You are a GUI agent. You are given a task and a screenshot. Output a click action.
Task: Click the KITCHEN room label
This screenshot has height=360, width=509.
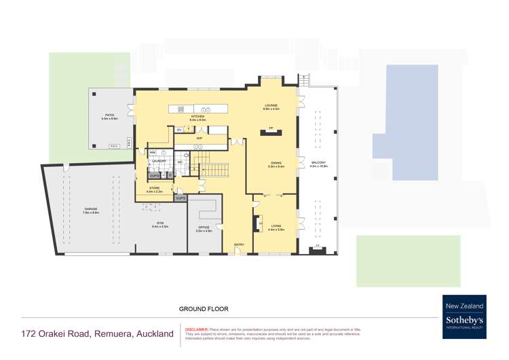(x=197, y=117)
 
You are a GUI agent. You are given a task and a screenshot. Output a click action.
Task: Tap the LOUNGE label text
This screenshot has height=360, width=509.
(x=271, y=105)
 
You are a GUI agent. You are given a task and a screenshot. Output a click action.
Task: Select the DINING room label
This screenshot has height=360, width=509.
(x=276, y=163)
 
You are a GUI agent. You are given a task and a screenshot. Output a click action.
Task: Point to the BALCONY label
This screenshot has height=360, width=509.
(x=318, y=163)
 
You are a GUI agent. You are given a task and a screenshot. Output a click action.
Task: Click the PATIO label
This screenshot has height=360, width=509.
(x=109, y=116)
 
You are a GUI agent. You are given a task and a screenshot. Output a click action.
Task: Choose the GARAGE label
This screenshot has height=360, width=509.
(x=91, y=209)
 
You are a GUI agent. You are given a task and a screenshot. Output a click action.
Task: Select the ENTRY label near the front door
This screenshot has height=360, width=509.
(x=239, y=245)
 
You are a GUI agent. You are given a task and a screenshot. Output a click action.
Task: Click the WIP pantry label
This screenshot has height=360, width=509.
(x=200, y=138)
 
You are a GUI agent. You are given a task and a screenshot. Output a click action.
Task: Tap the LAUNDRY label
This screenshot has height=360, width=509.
(x=158, y=161)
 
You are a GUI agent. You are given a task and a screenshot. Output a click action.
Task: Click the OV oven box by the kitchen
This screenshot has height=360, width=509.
(x=179, y=129)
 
